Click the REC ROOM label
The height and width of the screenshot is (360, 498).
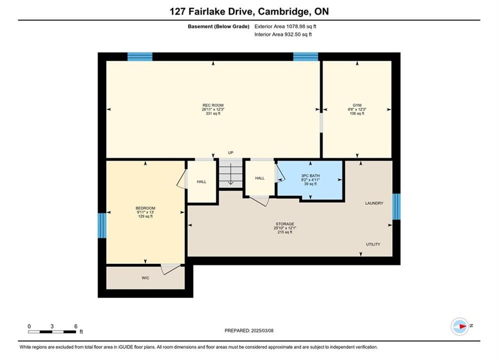213,105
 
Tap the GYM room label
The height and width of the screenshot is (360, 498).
357,105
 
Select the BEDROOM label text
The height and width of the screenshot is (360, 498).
146,208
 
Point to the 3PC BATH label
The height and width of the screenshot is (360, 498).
310,175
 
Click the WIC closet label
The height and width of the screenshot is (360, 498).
146,278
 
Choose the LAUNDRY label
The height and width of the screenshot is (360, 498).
374,203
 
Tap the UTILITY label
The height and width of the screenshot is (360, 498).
373,244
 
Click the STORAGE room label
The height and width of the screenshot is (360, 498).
285,224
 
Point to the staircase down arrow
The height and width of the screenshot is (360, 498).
231,174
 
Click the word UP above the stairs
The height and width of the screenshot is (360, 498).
231,152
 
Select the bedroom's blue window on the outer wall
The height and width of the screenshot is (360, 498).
102,225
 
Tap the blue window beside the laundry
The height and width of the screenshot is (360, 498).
396,206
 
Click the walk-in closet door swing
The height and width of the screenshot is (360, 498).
169,269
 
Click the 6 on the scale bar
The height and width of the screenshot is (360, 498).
76,326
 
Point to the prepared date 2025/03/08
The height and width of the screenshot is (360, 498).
262,330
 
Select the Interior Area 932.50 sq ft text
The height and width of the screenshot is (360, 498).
283,34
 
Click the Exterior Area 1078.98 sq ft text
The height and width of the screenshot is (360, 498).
285,26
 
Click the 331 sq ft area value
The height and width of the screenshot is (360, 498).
213,113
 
